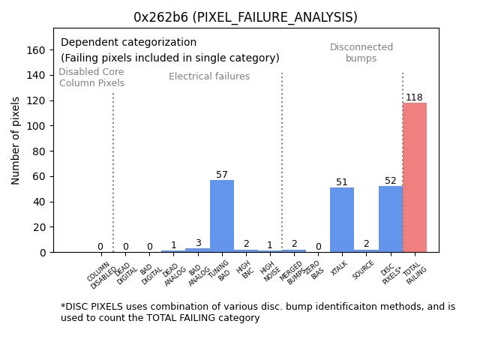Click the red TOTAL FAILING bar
pos(415,178)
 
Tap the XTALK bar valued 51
pos(342,220)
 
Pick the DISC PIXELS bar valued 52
pos(391,219)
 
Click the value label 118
pos(414,97)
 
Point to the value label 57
pos(222,175)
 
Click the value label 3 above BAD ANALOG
pos(198,243)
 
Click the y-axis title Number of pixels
pos(16,140)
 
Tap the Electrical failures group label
pos(209,76)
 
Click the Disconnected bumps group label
pos(361,52)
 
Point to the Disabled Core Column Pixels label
pos(91,77)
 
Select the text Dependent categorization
pos(128,43)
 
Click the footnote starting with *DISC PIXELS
pos(257,312)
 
